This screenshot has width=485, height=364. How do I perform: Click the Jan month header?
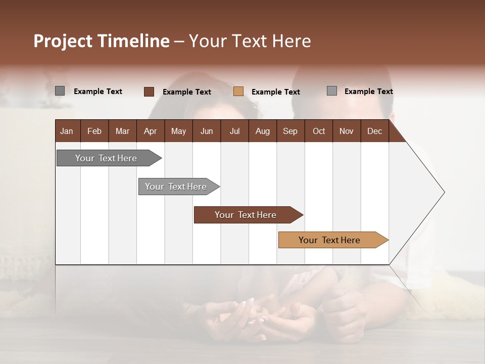[67, 131]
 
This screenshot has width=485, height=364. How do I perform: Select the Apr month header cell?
[151, 131]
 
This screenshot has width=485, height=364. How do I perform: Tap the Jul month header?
[234, 131]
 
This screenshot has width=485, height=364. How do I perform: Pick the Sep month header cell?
[290, 131]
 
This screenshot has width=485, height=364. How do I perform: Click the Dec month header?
[374, 131]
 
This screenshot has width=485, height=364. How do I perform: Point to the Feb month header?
[94, 131]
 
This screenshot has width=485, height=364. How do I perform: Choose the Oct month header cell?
[319, 131]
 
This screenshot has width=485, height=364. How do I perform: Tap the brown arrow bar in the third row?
[246, 215]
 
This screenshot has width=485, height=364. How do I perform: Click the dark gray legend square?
[60, 91]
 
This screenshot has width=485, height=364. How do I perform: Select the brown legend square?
[149, 92]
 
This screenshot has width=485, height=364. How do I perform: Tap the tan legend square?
[238, 92]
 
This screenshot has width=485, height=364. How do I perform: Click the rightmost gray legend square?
[331, 91]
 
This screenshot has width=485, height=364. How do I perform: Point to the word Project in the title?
[63, 41]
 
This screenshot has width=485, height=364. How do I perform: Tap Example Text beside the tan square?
[275, 92]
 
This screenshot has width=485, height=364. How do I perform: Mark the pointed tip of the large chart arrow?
[444, 192]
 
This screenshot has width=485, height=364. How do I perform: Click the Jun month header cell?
[207, 131]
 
